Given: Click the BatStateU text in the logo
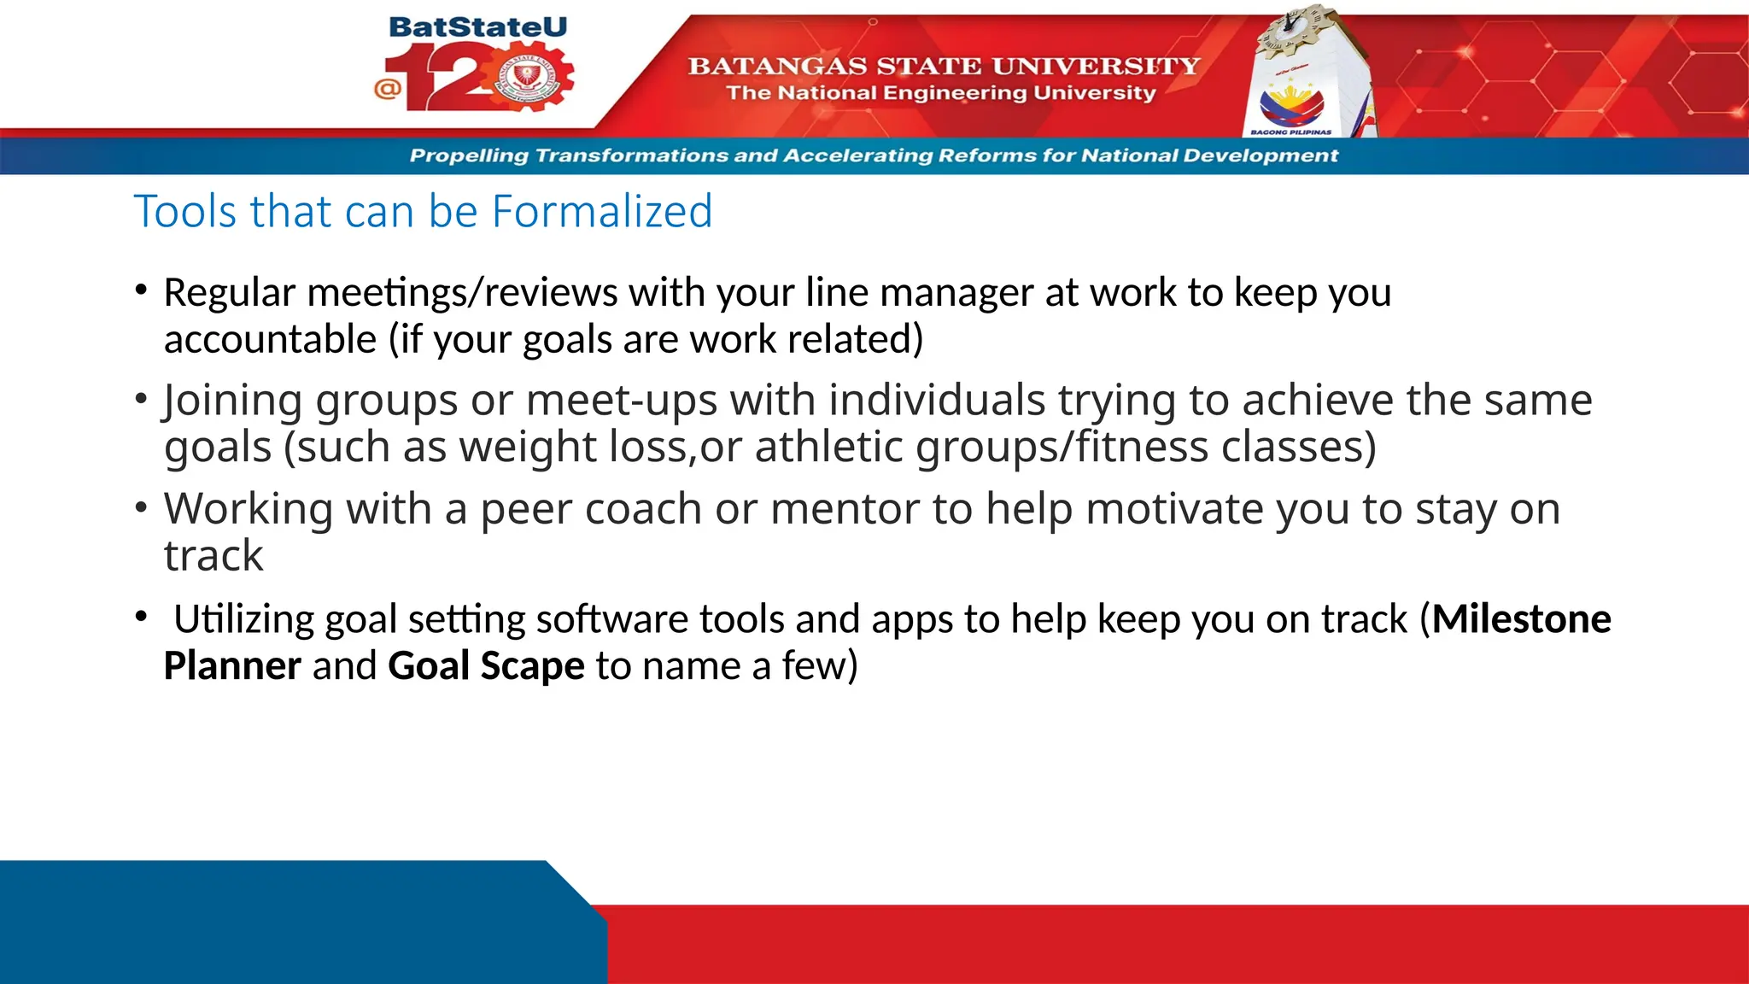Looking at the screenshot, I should [x=477, y=27].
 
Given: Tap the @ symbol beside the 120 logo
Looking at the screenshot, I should [x=387, y=88].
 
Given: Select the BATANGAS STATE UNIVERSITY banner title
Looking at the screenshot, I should [x=944, y=66].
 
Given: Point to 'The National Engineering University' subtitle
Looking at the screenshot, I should [x=940, y=93].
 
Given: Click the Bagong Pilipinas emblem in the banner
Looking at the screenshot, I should [x=1290, y=107].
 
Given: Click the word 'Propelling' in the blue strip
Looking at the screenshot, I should [x=469, y=155].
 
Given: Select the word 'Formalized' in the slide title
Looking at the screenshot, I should [x=602, y=211].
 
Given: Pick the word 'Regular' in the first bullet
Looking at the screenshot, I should [x=229, y=293].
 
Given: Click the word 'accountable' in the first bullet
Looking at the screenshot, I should [x=270, y=340].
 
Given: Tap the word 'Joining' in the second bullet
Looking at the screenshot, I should [x=232, y=401].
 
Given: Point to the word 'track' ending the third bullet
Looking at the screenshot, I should [x=214, y=556].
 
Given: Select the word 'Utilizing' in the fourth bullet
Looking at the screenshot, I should [x=243, y=619].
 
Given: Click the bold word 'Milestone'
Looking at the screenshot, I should [x=1521, y=619].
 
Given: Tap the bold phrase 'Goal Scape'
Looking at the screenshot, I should [x=486, y=666].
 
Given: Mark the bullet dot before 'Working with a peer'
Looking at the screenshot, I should [x=141, y=507].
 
